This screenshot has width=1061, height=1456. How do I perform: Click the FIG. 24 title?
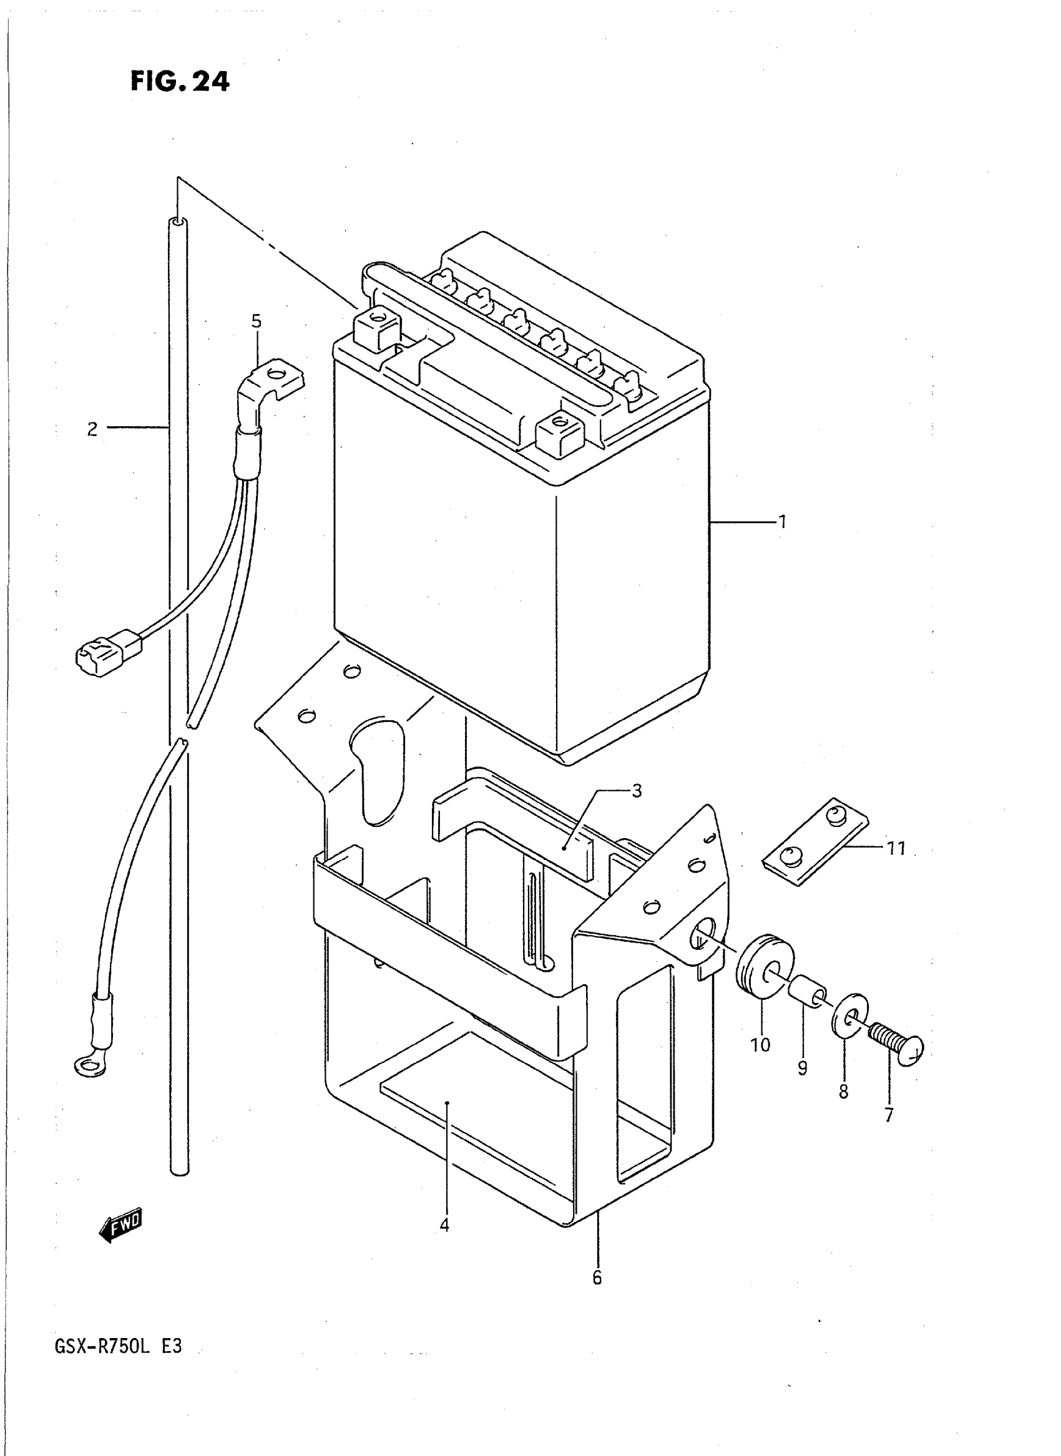[x=180, y=82]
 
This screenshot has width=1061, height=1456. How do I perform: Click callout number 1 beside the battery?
[x=782, y=522]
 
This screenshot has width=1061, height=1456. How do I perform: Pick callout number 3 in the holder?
[x=637, y=791]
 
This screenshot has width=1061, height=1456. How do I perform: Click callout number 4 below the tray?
[x=444, y=1225]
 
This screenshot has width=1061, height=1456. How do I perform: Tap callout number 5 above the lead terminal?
[x=257, y=321]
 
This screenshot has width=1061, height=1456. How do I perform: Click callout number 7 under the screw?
[x=888, y=1115]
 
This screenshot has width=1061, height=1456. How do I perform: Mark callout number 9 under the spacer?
[x=802, y=1068]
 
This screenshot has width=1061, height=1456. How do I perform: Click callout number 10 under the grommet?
[x=760, y=1045]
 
